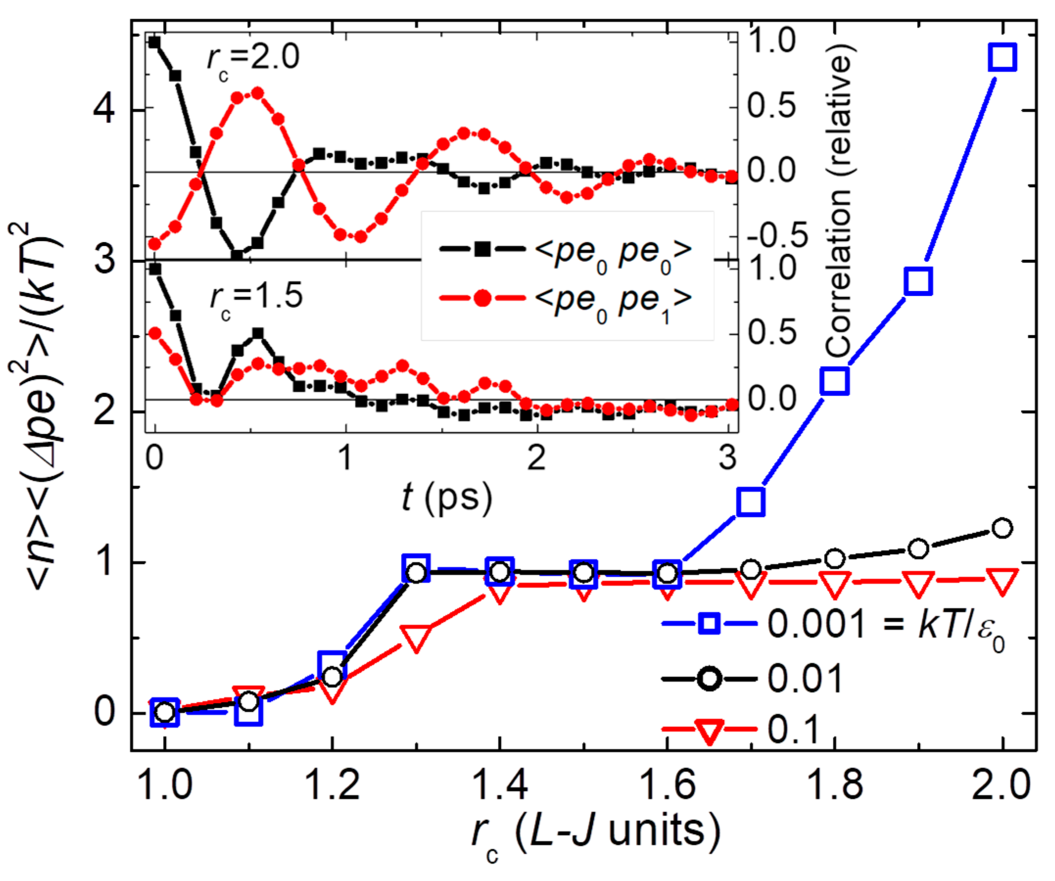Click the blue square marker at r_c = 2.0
(1002, 57)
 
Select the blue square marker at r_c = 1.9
(918, 281)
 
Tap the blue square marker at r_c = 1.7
(751, 501)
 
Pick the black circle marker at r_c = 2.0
(1002, 528)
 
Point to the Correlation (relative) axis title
(838, 201)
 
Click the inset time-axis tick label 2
(537, 458)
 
